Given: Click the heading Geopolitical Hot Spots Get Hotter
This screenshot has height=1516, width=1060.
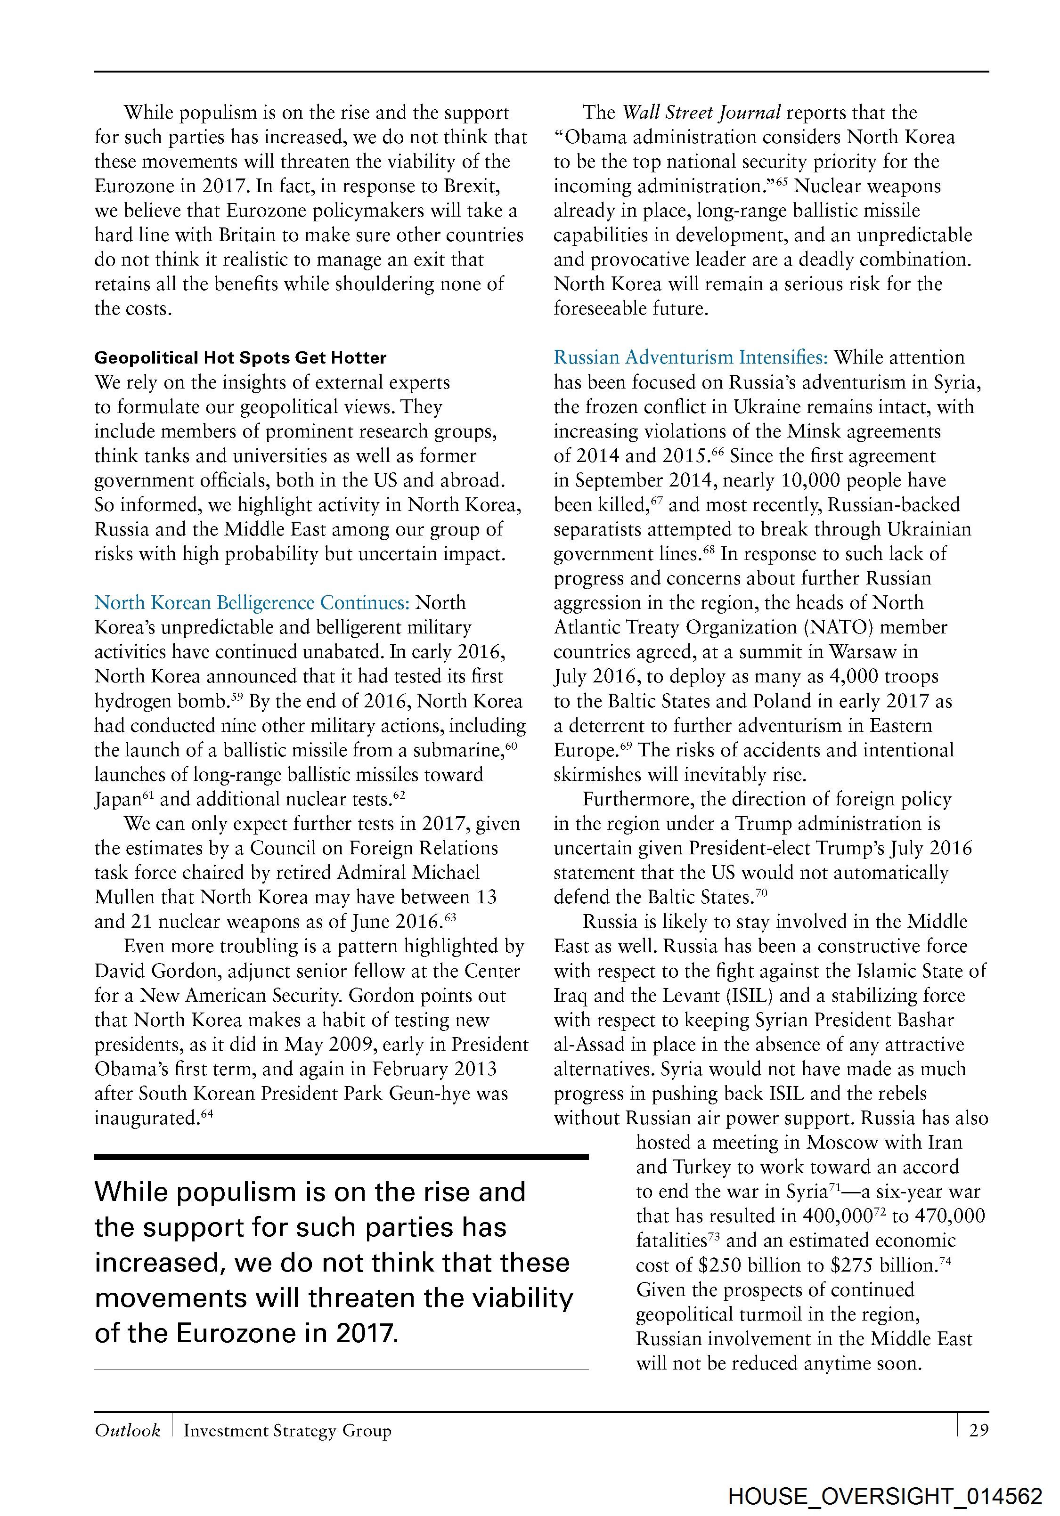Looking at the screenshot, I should click(x=240, y=358).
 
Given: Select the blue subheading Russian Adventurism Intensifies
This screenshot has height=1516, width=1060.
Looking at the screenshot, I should click(x=690, y=358).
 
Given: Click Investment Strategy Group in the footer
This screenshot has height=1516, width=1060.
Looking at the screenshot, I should click(x=287, y=1430).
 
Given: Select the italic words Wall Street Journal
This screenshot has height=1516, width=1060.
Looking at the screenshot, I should click(x=701, y=113).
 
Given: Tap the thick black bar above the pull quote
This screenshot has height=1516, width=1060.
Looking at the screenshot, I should click(x=341, y=1157).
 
